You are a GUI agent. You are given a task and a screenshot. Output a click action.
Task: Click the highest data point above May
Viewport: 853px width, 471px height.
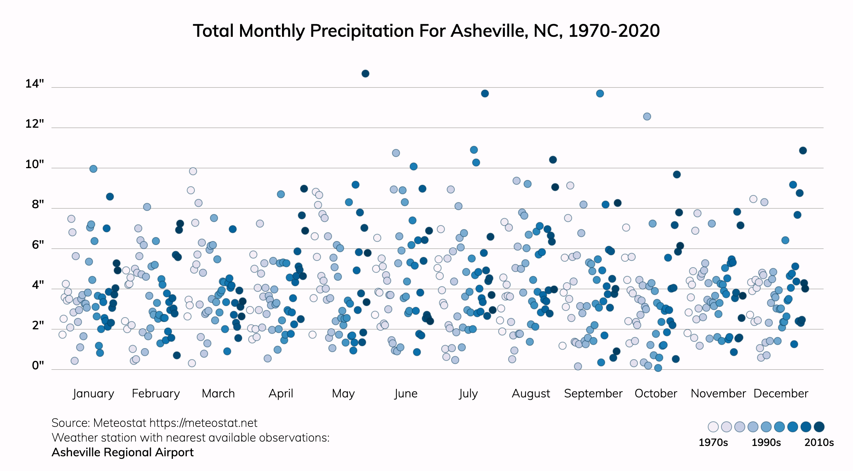pyautogui.click(x=365, y=74)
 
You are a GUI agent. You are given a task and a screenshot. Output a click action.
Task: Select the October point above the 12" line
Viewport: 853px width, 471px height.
pyautogui.click(x=647, y=117)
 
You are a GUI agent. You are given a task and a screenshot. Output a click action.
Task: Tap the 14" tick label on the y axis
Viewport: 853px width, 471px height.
pyautogui.click(x=35, y=84)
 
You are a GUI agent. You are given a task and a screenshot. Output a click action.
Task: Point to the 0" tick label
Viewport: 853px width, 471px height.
pyautogui.click(x=38, y=365)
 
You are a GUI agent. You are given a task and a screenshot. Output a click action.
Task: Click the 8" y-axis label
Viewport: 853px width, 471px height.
pyautogui.click(x=38, y=204)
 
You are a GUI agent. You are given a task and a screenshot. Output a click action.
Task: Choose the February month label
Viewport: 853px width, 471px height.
pyautogui.click(x=156, y=393)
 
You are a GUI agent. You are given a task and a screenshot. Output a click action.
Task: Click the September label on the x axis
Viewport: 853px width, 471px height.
pyautogui.click(x=593, y=393)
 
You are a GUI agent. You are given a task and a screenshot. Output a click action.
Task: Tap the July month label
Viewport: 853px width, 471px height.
pyautogui.click(x=468, y=393)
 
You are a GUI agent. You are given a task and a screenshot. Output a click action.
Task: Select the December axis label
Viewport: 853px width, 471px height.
pyautogui.click(x=781, y=393)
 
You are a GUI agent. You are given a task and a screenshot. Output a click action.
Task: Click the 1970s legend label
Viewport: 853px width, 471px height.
pyautogui.click(x=713, y=442)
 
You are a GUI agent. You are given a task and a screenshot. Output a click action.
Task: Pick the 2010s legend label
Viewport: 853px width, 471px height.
pyautogui.click(x=819, y=442)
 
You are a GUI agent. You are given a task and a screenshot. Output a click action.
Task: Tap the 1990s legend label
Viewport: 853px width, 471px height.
pyautogui.click(x=766, y=442)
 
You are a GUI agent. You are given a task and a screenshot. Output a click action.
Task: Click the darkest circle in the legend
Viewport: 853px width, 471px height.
pyautogui.click(x=819, y=427)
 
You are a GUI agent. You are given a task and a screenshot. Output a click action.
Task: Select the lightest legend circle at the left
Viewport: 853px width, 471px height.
pyautogui.click(x=713, y=427)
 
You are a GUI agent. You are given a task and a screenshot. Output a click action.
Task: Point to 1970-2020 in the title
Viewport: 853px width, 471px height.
pyautogui.click(x=614, y=31)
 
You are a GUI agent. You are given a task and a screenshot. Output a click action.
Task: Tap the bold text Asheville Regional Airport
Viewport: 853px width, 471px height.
pyautogui.click(x=122, y=452)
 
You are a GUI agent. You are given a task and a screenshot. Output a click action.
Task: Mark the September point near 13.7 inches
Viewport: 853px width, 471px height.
pyautogui.click(x=600, y=93)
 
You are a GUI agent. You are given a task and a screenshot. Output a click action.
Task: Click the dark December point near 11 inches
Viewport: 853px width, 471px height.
pyautogui.click(x=803, y=150)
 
